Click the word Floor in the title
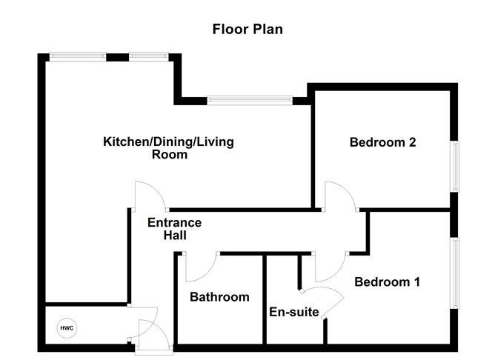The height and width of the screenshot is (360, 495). click(x=230, y=30)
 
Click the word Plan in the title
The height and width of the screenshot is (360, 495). click(x=268, y=30)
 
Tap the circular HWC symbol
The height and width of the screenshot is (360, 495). click(x=67, y=327)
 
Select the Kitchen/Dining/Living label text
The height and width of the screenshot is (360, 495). click(x=168, y=141)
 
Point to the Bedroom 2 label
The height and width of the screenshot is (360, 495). click(x=382, y=143)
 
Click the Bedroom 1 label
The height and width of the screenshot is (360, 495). click(x=387, y=281)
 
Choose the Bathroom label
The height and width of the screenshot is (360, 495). click(x=219, y=297)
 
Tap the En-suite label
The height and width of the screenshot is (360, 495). click(x=293, y=312)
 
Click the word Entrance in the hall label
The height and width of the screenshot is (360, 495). click(x=174, y=222)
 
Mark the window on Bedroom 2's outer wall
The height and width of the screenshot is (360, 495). click(x=456, y=166)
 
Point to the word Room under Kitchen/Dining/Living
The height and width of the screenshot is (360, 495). click(x=169, y=156)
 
